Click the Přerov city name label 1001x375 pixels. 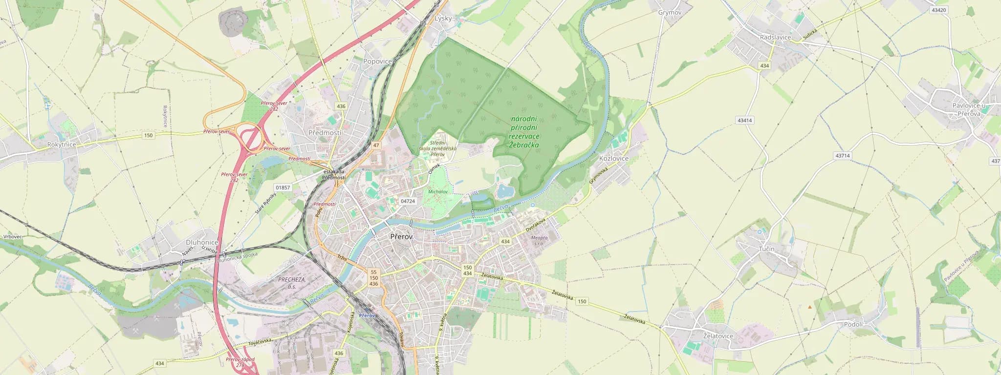tap(401, 237)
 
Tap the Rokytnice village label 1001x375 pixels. tap(62, 145)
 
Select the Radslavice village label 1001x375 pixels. tap(775, 38)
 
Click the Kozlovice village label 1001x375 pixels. tap(614, 159)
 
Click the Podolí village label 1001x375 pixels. tap(853, 324)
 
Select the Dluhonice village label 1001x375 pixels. tap(202, 242)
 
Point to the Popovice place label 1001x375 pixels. tap(378, 62)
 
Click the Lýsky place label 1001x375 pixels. tap(443, 19)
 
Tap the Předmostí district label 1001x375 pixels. tap(325, 133)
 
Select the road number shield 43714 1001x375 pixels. tap(843, 156)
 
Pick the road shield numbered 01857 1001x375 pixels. tap(283, 187)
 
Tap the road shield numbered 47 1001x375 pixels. tap(375, 146)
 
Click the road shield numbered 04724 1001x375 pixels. tap(407, 201)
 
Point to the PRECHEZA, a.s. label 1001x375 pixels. tap(292, 283)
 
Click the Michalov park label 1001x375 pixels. tap(437, 192)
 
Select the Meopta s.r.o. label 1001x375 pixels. tap(539, 240)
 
